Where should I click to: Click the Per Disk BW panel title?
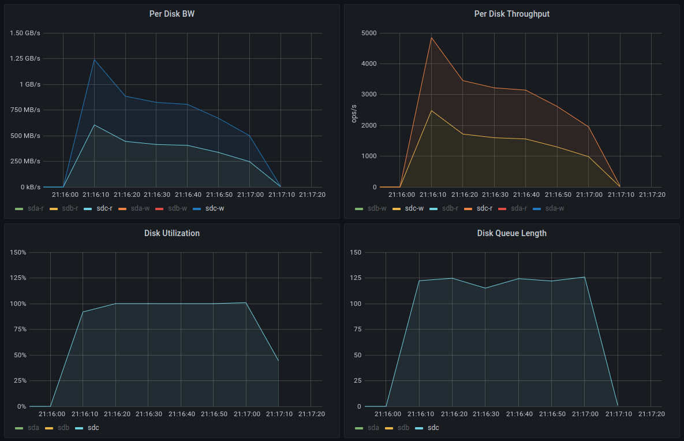click(x=171, y=14)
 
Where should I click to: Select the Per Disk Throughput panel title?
click(x=511, y=14)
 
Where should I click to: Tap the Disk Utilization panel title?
click(x=171, y=233)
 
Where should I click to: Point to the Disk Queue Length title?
click(x=511, y=233)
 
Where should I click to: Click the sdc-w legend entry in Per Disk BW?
click(x=214, y=208)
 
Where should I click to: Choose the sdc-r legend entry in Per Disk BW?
click(x=104, y=208)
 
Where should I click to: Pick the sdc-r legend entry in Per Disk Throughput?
click(x=484, y=208)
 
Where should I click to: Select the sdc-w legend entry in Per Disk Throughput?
click(x=413, y=208)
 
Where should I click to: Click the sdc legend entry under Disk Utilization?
click(x=93, y=428)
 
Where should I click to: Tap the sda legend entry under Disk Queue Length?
click(x=373, y=428)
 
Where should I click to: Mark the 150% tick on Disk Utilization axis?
click(x=18, y=252)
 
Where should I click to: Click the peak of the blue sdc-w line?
click(x=94, y=59)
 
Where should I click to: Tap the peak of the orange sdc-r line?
click(x=431, y=38)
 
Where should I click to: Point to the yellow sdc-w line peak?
click(x=431, y=110)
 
